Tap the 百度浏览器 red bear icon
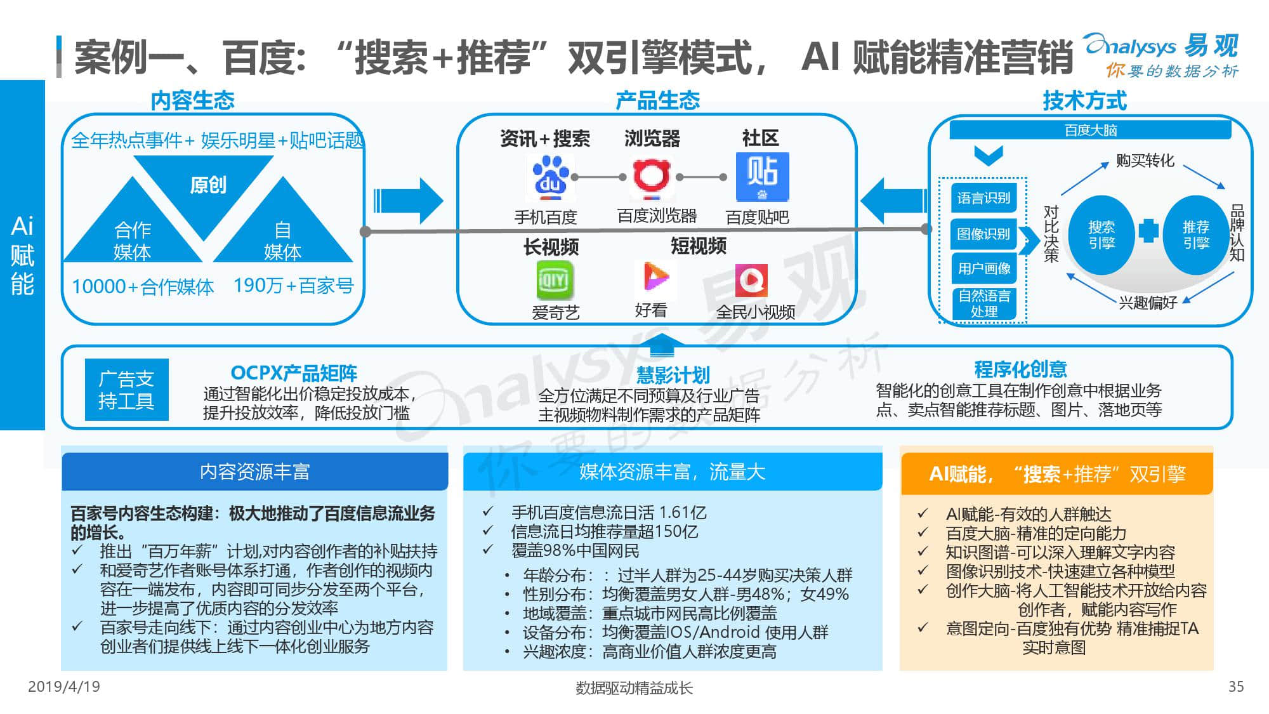(651, 177)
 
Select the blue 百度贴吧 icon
(762, 177)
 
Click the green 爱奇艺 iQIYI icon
(555, 280)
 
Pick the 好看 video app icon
(655, 278)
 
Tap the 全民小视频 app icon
(751, 281)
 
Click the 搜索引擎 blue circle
(1101, 234)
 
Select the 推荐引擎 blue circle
(1195, 234)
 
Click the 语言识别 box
(983, 198)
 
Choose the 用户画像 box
(983, 268)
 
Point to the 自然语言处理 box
(983, 303)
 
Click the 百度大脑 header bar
(1090, 130)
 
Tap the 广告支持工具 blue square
(126, 390)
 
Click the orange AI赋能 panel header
(1056, 473)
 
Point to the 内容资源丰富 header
(254, 472)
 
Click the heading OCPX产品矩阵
(294, 373)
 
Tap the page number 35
(1236, 687)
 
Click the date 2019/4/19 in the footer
(64, 687)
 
